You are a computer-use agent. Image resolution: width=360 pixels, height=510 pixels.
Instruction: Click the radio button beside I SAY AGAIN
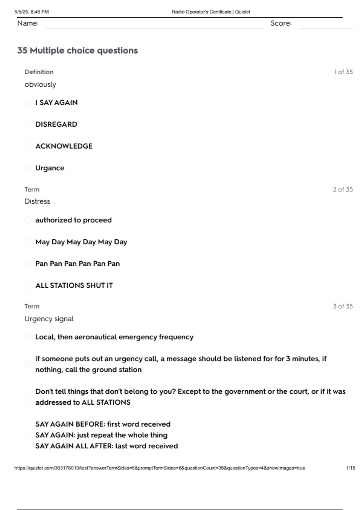tap(28, 103)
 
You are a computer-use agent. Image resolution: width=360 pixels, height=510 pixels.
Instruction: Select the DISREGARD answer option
tap(56, 124)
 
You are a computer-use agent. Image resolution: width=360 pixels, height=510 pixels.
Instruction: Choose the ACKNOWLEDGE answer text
tap(64, 146)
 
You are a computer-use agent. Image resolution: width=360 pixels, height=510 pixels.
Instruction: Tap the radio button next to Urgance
tap(28, 168)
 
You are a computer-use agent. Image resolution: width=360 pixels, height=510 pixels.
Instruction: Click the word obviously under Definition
tap(40, 85)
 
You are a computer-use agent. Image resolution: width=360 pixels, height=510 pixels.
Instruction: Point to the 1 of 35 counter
tap(343, 72)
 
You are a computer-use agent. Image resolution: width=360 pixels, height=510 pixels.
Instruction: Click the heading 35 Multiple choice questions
tap(77, 50)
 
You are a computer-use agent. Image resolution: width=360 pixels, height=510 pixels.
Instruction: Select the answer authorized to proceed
tap(73, 220)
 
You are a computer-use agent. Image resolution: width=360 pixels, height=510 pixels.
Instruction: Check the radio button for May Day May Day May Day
tap(28, 242)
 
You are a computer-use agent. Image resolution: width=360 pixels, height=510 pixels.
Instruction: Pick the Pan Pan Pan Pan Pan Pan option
tap(77, 264)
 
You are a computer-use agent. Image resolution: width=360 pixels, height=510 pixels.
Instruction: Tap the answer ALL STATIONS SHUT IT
tap(74, 285)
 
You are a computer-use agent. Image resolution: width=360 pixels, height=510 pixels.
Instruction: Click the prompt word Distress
tap(37, 201)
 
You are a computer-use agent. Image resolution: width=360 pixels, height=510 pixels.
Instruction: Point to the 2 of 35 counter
tap(343, 189)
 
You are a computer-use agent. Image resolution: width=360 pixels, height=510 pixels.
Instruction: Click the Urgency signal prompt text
tap(49, 319)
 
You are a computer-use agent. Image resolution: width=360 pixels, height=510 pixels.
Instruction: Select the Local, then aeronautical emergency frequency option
tap(114, 337)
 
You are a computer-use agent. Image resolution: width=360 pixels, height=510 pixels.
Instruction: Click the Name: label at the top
tap(28, 23)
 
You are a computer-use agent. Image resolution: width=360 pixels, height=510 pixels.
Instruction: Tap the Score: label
tap(281, 23)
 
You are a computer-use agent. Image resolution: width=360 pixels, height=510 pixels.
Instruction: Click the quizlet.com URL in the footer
tap(160, 468)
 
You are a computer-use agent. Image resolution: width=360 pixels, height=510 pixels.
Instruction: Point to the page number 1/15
tap(350, 468)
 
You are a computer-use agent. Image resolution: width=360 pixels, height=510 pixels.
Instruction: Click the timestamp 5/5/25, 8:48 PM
tap(31, 12)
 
